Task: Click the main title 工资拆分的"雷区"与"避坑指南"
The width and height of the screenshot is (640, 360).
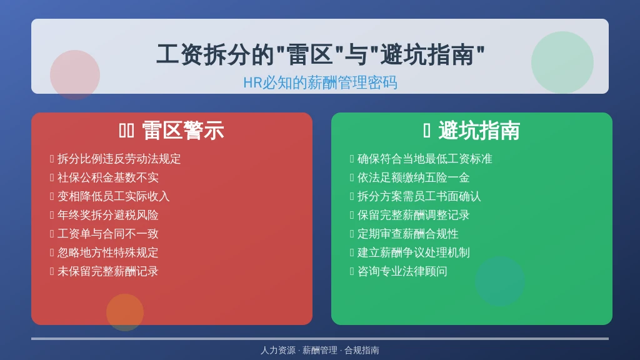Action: coord(321,54)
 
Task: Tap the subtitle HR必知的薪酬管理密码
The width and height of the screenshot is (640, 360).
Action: coord(320,82)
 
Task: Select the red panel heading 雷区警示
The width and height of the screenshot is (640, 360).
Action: coord(183,131)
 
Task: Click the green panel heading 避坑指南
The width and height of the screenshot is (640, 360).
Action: coord(479,131)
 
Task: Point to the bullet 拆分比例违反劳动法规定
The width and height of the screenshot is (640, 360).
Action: coord(119,159)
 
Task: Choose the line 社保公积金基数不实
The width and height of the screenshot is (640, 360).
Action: coord(107,177)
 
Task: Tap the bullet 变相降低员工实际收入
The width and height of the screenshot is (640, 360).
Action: coord(114,196)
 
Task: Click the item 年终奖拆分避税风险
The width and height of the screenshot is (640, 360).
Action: coord(107,215)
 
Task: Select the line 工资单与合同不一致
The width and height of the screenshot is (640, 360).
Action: coord(107,234)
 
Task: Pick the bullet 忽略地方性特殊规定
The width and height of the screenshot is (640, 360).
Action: coord(107,252)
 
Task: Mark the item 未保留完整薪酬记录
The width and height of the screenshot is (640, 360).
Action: coord(107,271)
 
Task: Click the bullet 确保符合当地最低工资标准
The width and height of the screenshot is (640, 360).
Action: coord(425,159)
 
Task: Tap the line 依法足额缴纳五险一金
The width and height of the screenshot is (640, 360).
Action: coord(414,177)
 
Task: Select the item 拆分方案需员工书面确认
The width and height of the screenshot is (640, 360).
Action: coord(419,196)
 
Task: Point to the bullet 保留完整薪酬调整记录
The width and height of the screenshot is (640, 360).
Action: coord(414,215)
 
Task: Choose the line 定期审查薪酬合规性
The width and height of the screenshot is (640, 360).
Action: coord(407,234)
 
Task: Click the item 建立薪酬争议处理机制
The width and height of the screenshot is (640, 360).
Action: coord(414,252)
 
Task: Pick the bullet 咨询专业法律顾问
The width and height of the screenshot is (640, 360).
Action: coord(402,271)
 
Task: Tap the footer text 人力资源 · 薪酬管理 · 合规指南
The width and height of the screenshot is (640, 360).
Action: coord(320,350)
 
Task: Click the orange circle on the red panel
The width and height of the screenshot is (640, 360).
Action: coord(125,312)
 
